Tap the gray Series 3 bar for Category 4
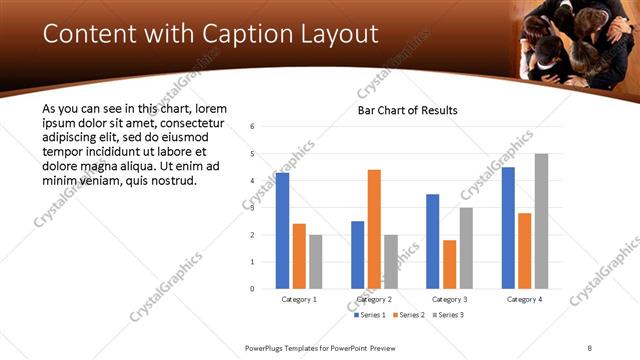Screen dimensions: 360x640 click(541, 221)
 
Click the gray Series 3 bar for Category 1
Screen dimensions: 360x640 click(315, 262)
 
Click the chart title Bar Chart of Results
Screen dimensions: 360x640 click(407, 109)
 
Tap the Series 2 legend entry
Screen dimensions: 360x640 click(409, 315)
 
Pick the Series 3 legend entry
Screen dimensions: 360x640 click(446, 315)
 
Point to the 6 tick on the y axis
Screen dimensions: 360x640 click(252, 127)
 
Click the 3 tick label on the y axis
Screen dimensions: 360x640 click(252, 208)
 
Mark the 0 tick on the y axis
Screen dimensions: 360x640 click(252, 289)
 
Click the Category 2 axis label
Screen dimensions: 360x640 click(374, 300)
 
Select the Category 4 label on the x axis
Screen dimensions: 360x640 click(524, 300)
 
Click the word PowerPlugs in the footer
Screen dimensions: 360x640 click(269, 348)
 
